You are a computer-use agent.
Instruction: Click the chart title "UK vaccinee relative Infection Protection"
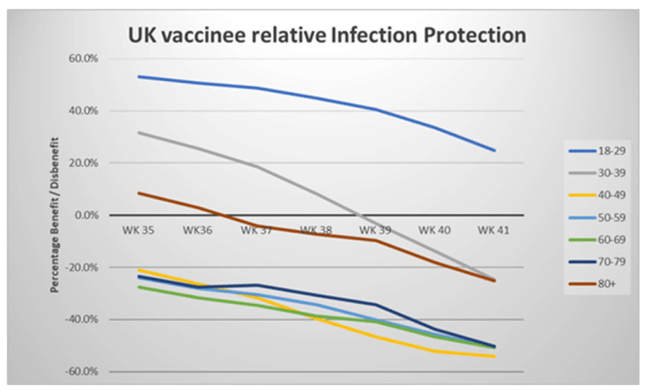point(327,35)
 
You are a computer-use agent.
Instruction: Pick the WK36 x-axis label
point(197,228)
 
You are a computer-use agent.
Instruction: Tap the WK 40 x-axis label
point(435,228)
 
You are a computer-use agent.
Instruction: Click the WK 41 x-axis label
point(493,228)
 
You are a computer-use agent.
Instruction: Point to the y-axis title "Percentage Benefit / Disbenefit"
point(56,215)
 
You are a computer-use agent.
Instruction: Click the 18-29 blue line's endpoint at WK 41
point(495,151)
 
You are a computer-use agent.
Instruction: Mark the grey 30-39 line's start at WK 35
point(139,132)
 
